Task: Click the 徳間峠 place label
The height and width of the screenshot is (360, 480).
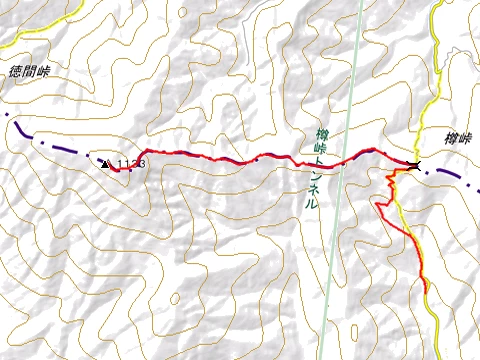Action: click(31, 72)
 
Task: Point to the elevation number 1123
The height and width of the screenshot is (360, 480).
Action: click(132, 162)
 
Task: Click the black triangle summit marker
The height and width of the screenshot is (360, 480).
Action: click(106, 163)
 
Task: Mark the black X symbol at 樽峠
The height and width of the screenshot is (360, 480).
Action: click(414, 165)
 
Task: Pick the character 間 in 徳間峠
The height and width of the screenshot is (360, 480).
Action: click(31, 72)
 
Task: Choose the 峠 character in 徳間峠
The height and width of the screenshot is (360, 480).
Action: click(45, 72)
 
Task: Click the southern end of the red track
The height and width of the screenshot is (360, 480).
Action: click(426, 291)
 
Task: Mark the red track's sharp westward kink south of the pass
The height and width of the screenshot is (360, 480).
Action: click(377, 203)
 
